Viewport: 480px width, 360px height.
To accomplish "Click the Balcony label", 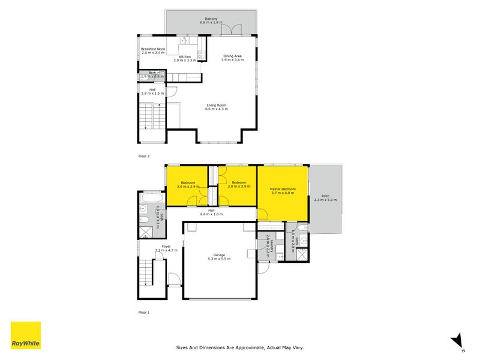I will point(211,19).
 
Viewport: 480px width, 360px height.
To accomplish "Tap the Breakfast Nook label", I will point(153,49).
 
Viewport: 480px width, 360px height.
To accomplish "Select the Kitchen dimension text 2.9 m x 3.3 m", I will point(185,61).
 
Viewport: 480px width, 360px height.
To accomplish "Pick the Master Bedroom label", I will point(283,189).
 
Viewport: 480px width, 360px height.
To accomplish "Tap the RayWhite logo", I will point(26,335).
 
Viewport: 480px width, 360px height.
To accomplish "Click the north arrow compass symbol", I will point(457,340).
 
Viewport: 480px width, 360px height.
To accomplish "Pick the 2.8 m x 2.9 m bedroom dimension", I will point(239,187).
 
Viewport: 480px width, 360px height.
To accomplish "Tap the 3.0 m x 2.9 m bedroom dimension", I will point(188,187).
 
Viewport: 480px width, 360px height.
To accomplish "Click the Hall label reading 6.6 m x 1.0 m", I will point(211,214).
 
